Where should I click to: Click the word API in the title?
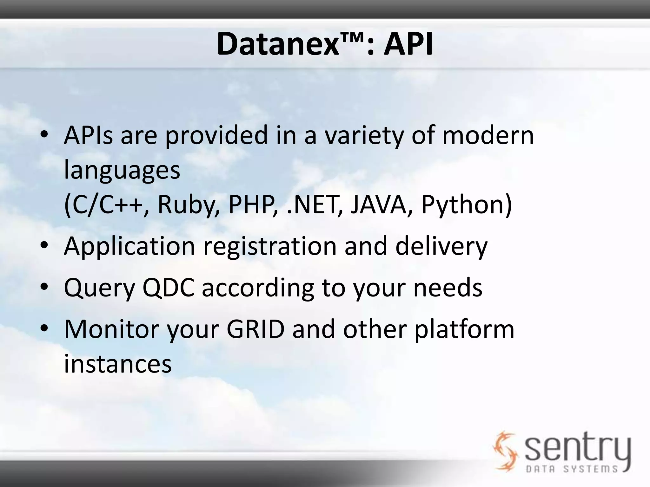tap(408, 45)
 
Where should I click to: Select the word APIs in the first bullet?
tap(88, 136)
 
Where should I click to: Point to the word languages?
tap(122, 170)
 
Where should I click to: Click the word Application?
tap(129, 247)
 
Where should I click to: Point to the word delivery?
tap(441, 247)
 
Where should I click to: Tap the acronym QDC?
tap(168, 288)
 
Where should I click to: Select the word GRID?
tap(255, 329)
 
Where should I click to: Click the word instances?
tap(118, 364)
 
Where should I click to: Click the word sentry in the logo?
tap(578, 447)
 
